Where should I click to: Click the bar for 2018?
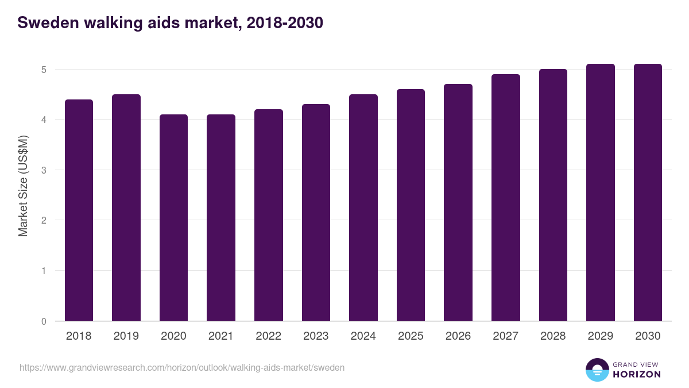79,210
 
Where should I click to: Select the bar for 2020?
173,218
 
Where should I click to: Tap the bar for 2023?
316,213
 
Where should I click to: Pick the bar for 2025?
411,205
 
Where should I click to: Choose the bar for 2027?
506,198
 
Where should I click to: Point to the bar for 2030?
648,193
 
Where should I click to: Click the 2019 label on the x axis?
126,336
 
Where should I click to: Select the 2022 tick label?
268,336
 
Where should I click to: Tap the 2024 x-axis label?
363,336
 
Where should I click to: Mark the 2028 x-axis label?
553,336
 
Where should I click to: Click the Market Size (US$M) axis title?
23,185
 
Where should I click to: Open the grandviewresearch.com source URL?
182,367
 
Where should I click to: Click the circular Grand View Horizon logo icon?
597,370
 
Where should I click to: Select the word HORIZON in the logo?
637,374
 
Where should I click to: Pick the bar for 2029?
601,193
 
